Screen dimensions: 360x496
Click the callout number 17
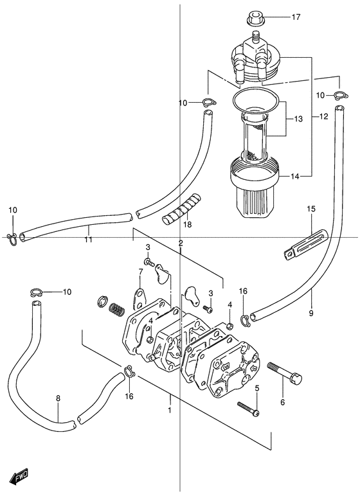coord(296,17)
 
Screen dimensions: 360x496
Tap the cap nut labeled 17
coord(255,19)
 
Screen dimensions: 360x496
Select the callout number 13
coord(298,119)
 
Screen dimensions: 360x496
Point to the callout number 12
coord(323,116)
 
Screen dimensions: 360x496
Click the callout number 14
coord(295,177)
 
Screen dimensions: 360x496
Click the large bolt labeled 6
coord(285,373)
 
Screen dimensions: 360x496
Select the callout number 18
coord(188,225)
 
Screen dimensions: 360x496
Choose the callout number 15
coord(311,209)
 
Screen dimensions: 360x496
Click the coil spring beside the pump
coord(117,310)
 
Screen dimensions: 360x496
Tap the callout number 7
coord(141,271)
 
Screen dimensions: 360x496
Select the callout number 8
coord(58,398)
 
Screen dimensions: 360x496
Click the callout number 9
coord(311,313)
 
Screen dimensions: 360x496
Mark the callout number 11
coord(88,240)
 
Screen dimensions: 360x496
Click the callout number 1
coord(170,411)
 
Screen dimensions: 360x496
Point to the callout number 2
coord(181,243)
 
